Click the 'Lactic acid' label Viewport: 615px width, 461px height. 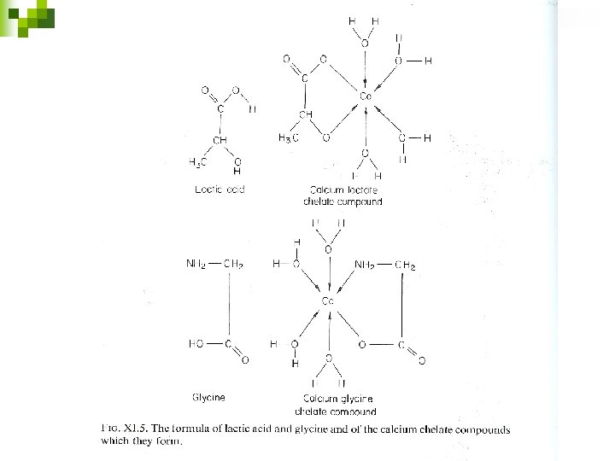(x=220, y=189)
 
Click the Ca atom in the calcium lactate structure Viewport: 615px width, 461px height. (x=365, y=96)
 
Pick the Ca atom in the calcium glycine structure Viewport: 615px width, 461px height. (x=327, y=301)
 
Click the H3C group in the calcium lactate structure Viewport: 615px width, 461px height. (x=288, y=138)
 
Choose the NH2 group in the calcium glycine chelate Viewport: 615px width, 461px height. (x=370, y=266)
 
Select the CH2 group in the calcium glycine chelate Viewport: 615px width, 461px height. (x=405, y=266)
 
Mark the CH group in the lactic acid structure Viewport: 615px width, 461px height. (x=220, y=140)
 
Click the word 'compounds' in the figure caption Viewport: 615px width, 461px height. (x=480, y=429)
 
